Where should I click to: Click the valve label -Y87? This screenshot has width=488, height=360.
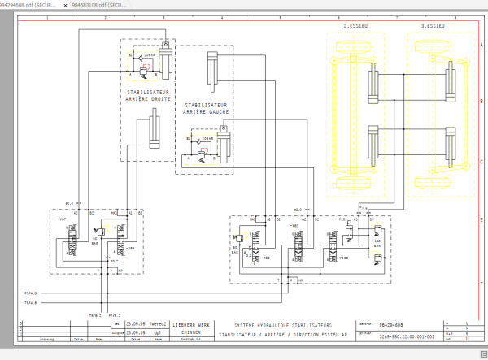[62, 219]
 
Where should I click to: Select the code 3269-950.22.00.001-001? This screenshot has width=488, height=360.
[407, 335]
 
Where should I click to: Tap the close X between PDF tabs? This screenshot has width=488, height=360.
[64, 5]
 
